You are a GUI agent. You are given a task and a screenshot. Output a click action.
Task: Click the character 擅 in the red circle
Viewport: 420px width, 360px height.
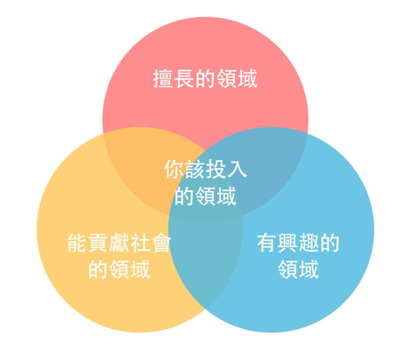(x=163, y=79)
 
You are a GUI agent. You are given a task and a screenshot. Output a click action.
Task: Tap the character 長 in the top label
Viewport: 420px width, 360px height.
(x=184, y=79)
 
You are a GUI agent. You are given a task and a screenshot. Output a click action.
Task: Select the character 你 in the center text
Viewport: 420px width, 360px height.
(x=174, y=169)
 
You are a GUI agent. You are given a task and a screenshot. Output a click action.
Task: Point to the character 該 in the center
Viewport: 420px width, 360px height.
(x=195, y=169)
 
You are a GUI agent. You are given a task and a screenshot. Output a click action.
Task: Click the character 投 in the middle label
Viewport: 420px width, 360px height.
(x=216, y=169)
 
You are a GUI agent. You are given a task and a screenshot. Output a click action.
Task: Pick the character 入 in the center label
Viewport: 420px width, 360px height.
(x=237, y=169)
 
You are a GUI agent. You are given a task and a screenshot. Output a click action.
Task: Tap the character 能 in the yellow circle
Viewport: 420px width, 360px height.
(x=77, y=243)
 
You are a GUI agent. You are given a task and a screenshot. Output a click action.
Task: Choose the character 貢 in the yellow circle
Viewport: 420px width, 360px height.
(x=98, y=243)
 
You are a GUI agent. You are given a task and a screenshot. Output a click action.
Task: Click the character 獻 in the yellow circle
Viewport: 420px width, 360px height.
(x=119, y=243)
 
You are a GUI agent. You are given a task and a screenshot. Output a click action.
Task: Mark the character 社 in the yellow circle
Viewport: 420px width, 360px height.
(x=140, y=243)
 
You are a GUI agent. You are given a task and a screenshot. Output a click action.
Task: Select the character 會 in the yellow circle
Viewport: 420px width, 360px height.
(x=161, y=243)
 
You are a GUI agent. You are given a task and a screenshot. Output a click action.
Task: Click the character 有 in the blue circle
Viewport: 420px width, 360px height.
(x=267, y=243)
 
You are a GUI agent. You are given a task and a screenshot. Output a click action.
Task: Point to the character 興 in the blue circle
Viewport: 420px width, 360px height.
(x=288, y=243)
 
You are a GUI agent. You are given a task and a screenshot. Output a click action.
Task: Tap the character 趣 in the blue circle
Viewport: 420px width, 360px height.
(x=309, y=243)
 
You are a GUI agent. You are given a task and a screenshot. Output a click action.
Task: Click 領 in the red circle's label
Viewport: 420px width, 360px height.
(x=226, y=79)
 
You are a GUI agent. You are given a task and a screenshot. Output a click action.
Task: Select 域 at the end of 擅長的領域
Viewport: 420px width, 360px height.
(x=247, y=79)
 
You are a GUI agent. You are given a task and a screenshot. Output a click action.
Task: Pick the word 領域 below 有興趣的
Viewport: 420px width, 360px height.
(x=298, y=269)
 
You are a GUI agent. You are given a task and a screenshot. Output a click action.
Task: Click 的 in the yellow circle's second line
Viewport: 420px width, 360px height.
(x=98, y=269)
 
